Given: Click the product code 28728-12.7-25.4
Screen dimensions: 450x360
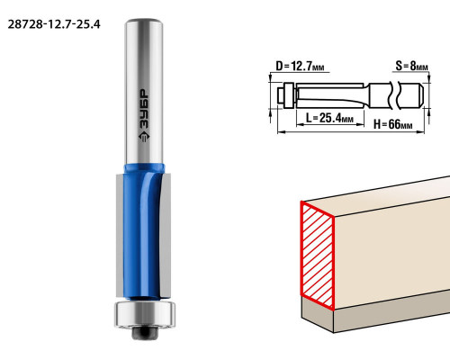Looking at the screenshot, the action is click(54, 24).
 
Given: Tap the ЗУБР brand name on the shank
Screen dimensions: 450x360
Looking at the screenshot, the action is click(144, 110).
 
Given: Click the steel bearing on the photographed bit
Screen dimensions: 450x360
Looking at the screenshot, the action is click(145, 314).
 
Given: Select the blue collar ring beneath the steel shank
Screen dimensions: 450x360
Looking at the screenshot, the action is click(144, 168).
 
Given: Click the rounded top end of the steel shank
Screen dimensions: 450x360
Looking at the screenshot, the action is click(143, 22).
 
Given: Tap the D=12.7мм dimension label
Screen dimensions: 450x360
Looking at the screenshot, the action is click(300, 66).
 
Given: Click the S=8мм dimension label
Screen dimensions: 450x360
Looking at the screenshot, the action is click(411, 66).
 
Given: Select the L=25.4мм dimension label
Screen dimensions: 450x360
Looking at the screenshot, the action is click(329, 118).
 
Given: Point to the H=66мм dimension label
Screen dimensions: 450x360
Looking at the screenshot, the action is click(392, 123).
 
